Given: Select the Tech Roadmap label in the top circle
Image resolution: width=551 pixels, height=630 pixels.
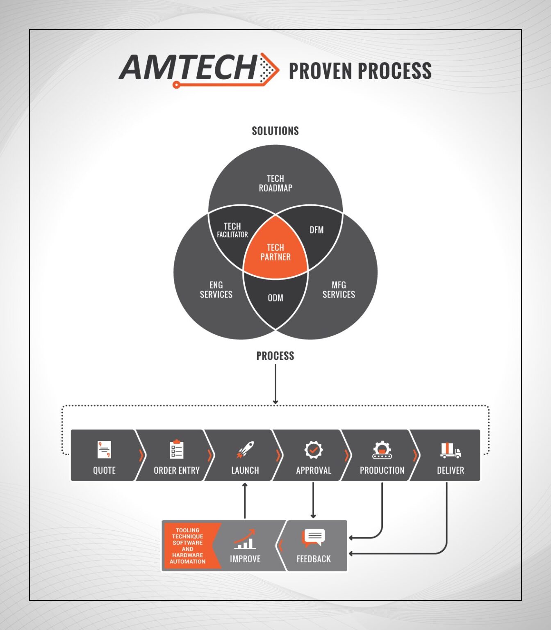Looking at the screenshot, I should pyautogui.click(x=275, y=183).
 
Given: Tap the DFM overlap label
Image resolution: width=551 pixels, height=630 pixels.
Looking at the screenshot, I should pyautogui.click(x=316, y=230).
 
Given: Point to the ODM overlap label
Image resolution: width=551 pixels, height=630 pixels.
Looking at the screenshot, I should pyautogui.click(x=275, y=298).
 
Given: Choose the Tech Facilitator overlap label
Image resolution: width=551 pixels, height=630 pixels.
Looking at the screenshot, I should pyautogui.click(x=232, y=230).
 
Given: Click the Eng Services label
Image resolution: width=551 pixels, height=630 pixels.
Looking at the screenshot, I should pyautogui.click(x=216, y=290).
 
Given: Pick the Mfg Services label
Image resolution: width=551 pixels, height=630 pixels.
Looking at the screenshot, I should pyautogui.click(x=339, y=290).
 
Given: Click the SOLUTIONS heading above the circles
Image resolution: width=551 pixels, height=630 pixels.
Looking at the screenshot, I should pyautogui.click(x=275, y=131).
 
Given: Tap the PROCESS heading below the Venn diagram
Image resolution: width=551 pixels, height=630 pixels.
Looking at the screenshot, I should pyautogui.click(x=275, y=356).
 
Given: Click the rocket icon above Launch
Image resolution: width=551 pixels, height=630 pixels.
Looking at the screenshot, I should pyautogui.click(x=245, y=450).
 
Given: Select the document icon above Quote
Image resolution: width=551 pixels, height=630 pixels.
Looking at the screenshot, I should pyautogui.click(x=104, y=450).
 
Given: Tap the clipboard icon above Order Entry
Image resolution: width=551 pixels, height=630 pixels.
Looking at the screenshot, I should pyautogui.click(x=177, y=449).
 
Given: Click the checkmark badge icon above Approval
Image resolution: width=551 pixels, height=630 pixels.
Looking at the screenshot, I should pyautogui.click(x=314, y=450).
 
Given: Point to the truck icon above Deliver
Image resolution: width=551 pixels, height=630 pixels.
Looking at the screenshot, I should pyautogui.click(x=451, y=450).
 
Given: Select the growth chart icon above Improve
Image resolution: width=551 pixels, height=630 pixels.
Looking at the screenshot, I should pyautogui.click(x=245, y=539).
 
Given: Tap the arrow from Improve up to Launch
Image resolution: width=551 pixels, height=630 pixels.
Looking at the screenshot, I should pyautogui.click(x=245, y=500).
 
